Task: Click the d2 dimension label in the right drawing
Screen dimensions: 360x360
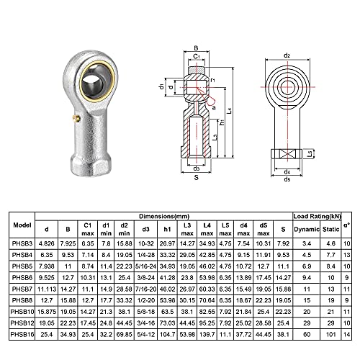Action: [x=287, y=55]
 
